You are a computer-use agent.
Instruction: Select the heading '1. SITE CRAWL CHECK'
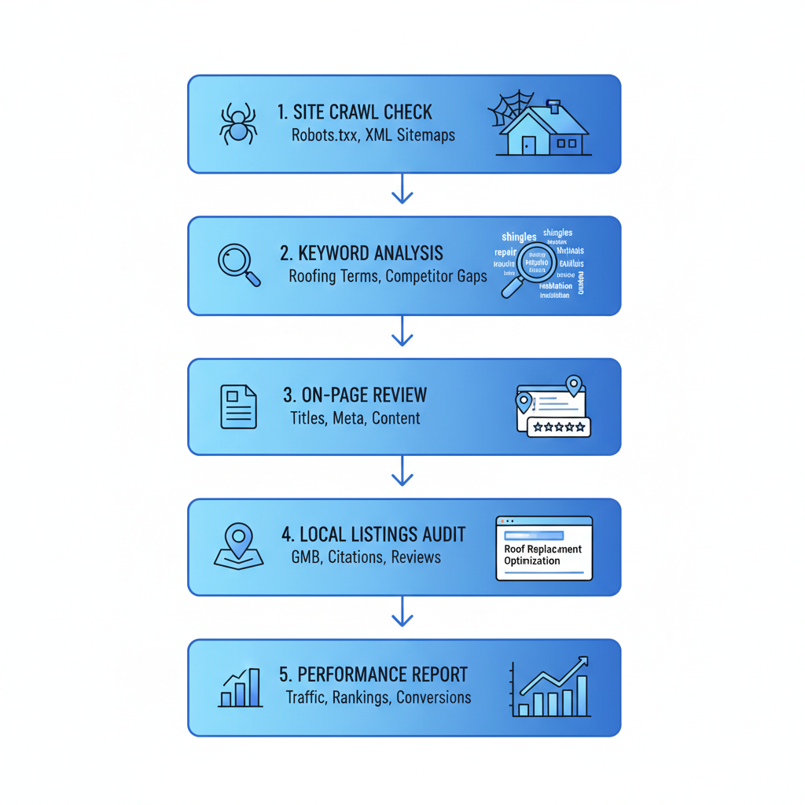[355, 112]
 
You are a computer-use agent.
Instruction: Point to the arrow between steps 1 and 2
[402, 189]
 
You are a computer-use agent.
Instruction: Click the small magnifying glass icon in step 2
[238, 265]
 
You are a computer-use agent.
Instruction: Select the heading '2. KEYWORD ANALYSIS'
[361, 253]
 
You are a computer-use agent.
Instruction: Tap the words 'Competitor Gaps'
[436, 277]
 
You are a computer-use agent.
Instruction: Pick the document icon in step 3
[238, 406]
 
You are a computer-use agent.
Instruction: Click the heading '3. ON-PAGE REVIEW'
[355, 395]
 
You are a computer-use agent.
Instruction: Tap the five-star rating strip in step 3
[558, 427]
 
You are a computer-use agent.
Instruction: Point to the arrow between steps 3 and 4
[402, 471]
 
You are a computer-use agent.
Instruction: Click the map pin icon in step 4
[238, 545]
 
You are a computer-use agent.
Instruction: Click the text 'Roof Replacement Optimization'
[542, 555]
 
